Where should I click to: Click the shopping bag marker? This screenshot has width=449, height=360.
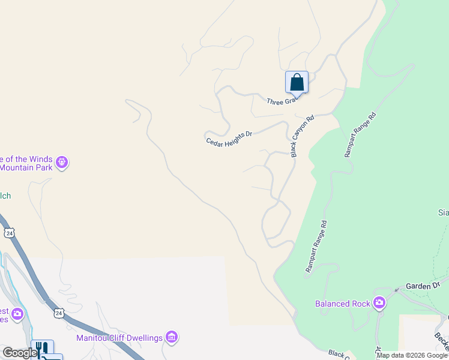click(x=297, y=82)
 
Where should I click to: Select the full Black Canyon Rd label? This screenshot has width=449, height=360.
click(x=303, y=137)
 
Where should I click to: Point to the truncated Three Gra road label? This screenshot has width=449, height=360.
click(x=282, y=102)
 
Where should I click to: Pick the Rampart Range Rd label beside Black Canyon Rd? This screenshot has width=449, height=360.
click(x=360, y=134)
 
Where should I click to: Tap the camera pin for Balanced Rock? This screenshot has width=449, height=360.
click(x=379, y=303)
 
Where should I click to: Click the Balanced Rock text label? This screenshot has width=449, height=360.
click(x=342, y=304)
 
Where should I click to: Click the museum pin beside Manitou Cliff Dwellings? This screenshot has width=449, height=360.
click(x=172, y=338)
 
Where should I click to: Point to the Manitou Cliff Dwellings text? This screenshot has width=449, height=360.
click(x=119, y=338)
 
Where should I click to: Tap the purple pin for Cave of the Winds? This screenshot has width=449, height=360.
click(x=62, y=162)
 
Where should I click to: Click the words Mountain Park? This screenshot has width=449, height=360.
click(x=25, y=167)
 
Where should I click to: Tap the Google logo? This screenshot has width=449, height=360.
click(x=20, y=353)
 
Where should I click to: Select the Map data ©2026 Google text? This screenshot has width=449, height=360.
click(x=412, y=355)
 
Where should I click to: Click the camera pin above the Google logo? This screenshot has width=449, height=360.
click(x=17, y=313)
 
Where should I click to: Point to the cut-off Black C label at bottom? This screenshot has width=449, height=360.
click(x=340, y=355)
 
